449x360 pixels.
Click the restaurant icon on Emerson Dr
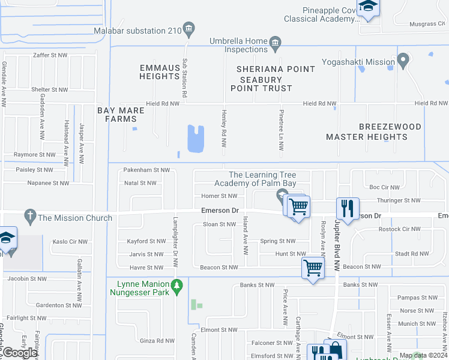click(x=348, y=208)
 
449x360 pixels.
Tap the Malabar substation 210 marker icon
click(x=188, y=28)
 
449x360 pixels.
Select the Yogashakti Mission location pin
click(x=403, y=61)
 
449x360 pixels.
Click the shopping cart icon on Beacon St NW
click(x=313, y=268)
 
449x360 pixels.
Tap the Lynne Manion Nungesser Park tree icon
click(x=176, y=287)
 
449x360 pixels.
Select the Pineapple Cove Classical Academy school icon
click(x=367, y=8)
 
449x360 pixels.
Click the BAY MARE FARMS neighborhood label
click(x=117, y=115)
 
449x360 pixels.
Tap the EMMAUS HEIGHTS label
click(x=160, y=72)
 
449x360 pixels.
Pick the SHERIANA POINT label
click(x=268, y=69)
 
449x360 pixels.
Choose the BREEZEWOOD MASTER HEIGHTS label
click(x=366, y=132)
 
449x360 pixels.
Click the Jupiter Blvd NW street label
click(x=337, y=248)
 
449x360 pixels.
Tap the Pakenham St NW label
click(x=146, y=170)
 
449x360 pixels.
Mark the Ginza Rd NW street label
click(x=157, y=341)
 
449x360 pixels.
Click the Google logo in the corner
click(x=20, y=353)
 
